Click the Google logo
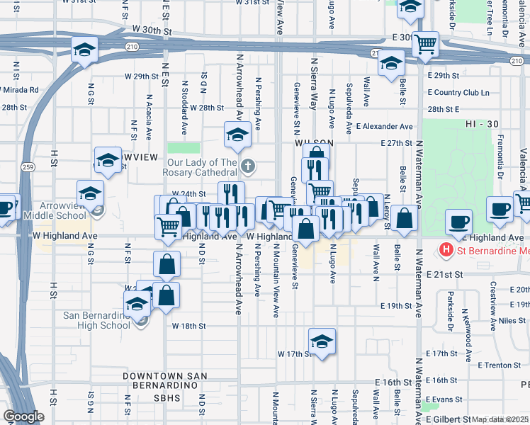(23, 416)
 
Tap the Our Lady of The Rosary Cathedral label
(198, 168)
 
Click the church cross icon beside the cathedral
(247, 167)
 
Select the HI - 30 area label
(483, 124)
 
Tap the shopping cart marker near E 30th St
(426, 44)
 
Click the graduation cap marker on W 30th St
(84, 50)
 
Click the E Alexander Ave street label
(385, 127)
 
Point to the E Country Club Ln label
(458, 92)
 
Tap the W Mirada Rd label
(20, 90)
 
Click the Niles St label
(512, 320)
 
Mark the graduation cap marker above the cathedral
(237, 134)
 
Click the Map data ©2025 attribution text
(500, 419)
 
